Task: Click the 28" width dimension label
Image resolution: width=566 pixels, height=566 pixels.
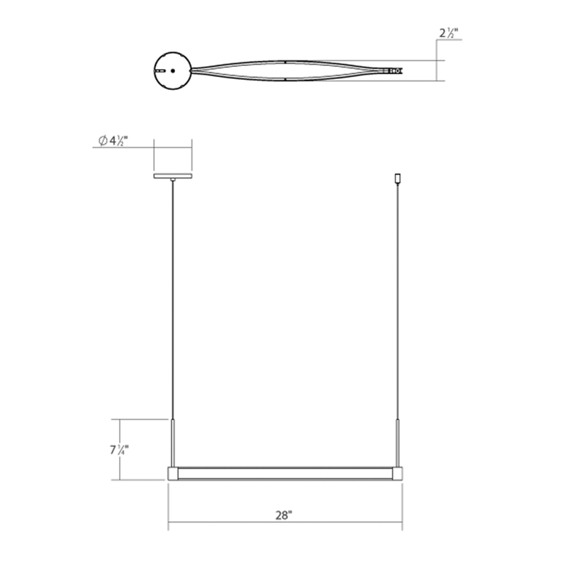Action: (x=284, y=515)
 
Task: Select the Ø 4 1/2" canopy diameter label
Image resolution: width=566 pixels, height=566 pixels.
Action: (x=113, y=141)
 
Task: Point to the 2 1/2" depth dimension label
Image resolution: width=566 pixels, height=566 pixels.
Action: (x=448, y=33)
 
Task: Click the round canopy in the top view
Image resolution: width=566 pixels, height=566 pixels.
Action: (x=173, y=71)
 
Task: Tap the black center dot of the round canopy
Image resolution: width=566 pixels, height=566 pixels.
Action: (x=173, y=71)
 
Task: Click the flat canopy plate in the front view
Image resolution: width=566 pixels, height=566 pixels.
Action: (x=173, y=176)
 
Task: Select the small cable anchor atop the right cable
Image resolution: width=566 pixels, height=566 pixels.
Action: (x=398, y=179)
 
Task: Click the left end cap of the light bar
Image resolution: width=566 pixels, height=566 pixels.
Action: (x=173, y=473)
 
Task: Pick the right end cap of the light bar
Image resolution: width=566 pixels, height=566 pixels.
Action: (x=398, y=473)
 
